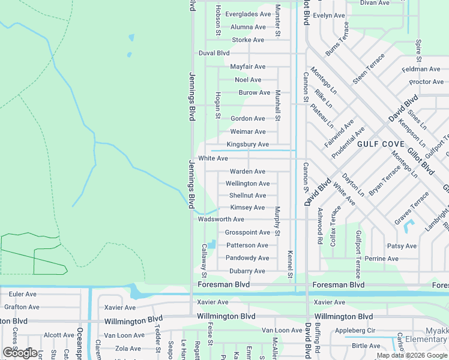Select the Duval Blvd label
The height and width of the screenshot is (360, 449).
[x=214, y=53]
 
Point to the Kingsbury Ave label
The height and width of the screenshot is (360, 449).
[x=247, y=145]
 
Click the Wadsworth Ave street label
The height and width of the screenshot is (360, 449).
[x=221, y=220]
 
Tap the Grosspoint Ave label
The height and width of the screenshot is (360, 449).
[x=247, y=233]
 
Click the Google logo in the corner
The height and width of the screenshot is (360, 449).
[x=20, y=353]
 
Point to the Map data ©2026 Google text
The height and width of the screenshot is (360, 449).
[x=412, y=356]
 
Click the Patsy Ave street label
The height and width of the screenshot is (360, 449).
[x=402, y=246]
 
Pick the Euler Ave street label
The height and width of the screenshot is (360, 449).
[x=23, y=295]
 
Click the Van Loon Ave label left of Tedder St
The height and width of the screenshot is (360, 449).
[x=125, y=335]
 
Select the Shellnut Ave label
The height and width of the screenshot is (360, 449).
[x=247, y=196]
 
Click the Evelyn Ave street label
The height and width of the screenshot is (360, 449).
[x=329, y=16]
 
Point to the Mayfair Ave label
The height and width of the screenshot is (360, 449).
[x=247, y=67]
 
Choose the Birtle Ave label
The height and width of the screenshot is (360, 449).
[x=366, y=346]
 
